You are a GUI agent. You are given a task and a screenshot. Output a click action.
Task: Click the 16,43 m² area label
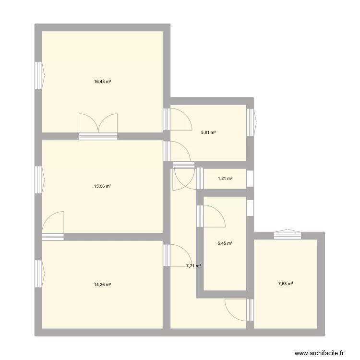(x=102, y=82)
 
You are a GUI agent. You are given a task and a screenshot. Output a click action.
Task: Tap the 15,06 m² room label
(x=102, y=186)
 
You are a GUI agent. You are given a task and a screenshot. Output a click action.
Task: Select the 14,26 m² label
(x=102, y=285)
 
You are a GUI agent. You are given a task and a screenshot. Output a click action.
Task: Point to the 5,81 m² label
(x=208, y=132)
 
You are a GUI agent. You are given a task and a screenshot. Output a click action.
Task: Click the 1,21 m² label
(x=225, y=179)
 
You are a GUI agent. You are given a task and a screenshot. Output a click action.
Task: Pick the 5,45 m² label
(x=225, y=243)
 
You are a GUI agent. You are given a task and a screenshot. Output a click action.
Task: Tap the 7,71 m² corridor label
(x=193, y=265)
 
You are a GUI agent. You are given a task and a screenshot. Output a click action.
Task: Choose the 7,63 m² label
(x=286, y=283)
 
